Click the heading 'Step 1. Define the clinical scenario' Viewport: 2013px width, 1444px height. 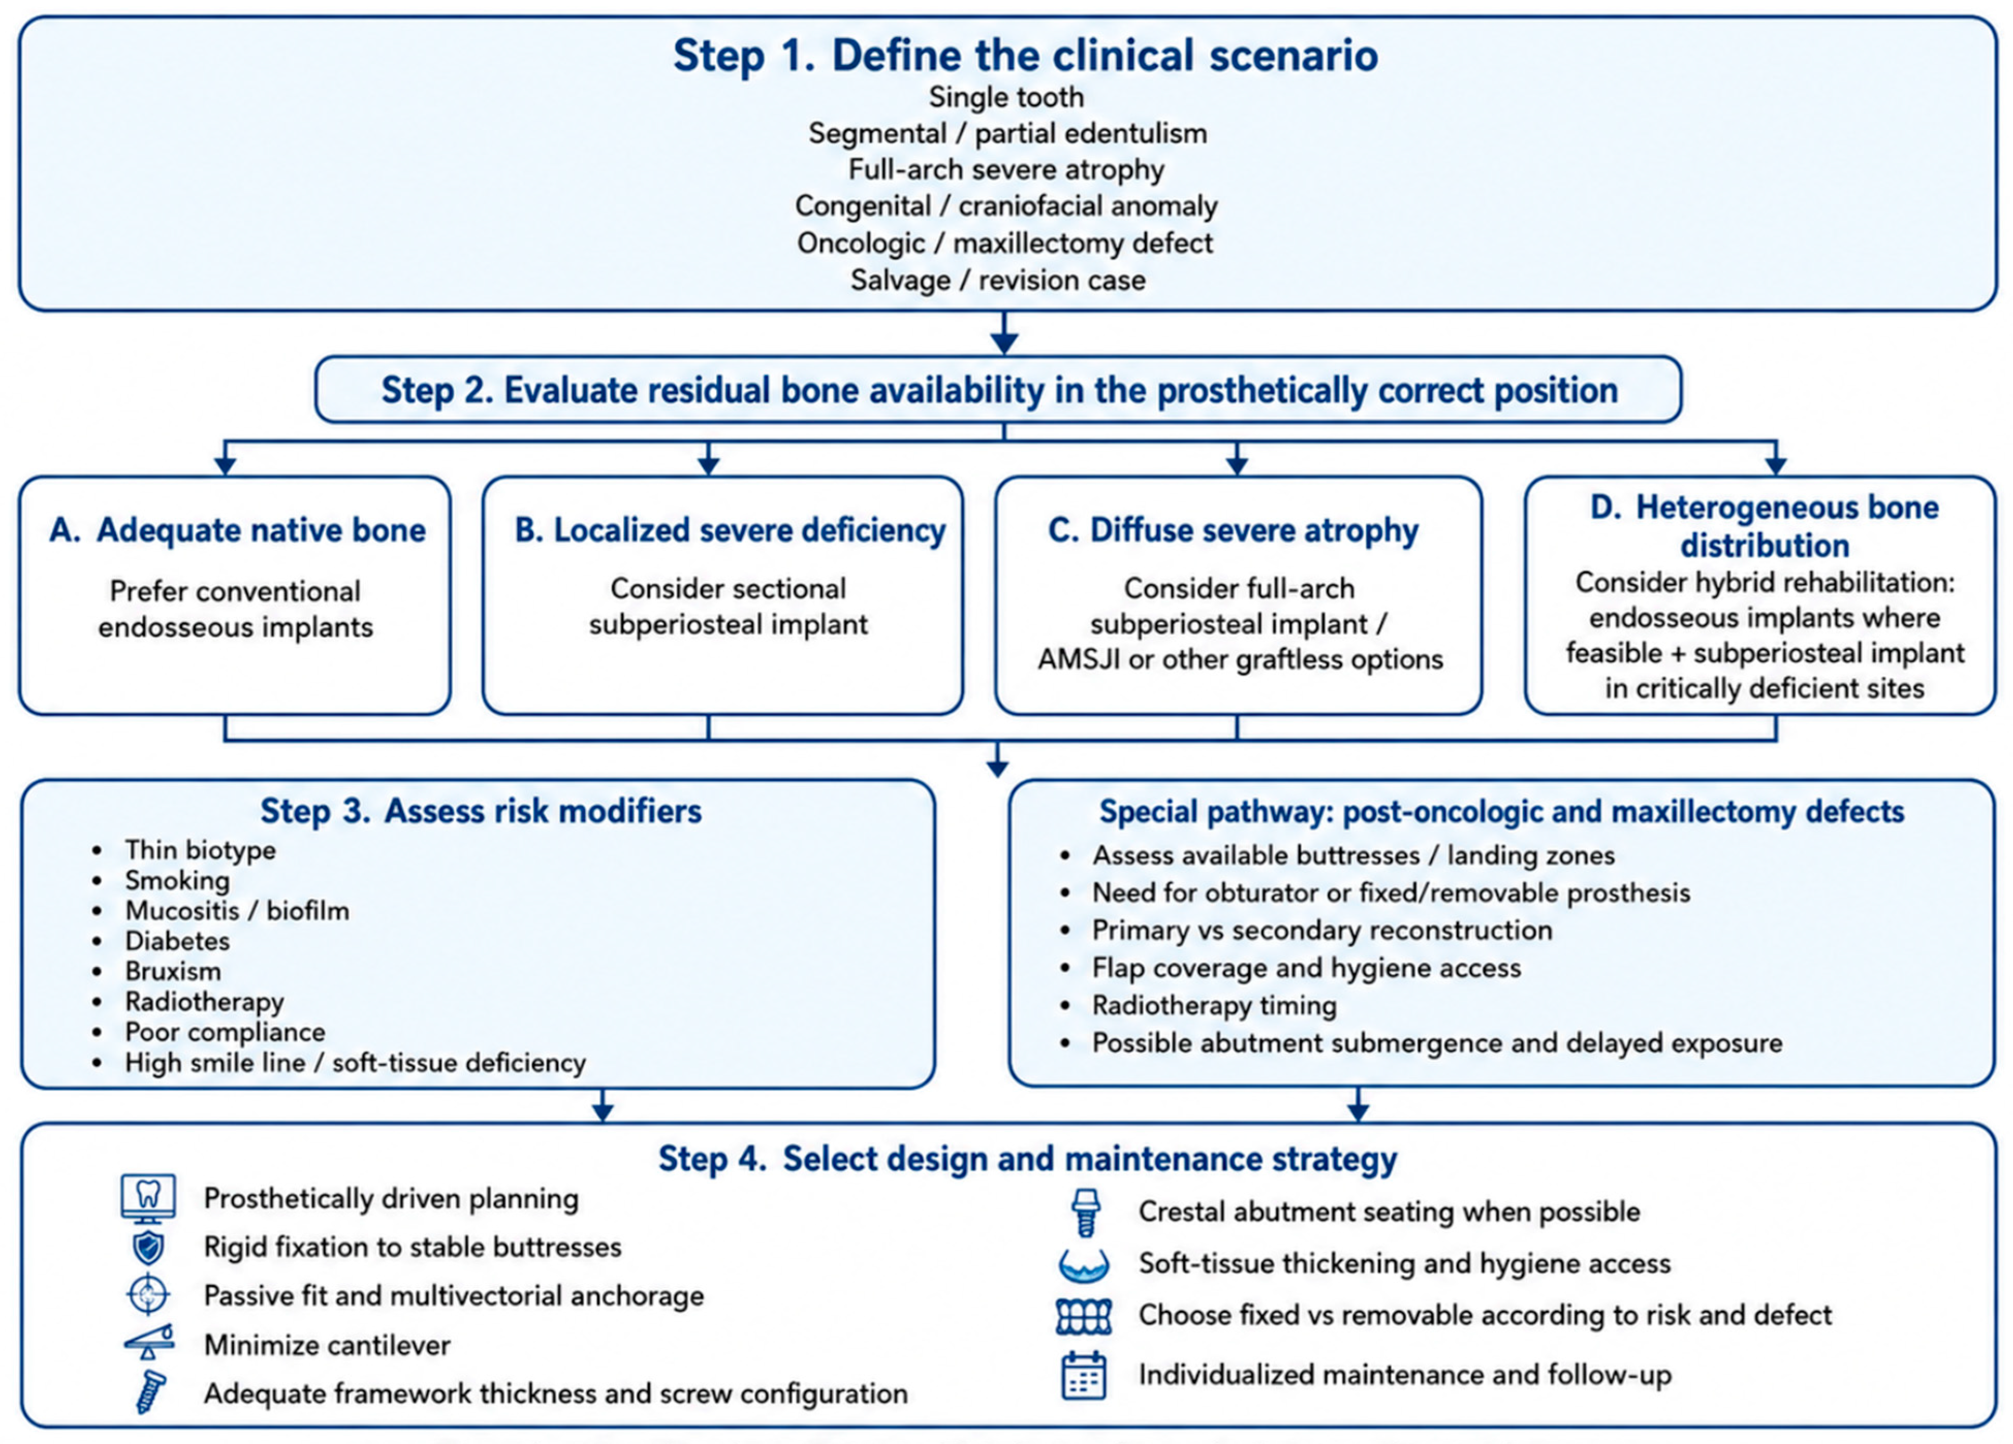(x=1025, y=55)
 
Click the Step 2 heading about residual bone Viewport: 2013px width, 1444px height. (x=1000, y=390)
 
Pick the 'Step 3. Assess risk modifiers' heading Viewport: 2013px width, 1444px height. (x=481, y=811)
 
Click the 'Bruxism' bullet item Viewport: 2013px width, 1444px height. (x=173, y=971)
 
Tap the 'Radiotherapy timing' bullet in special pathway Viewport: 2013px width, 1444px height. (x=1214, y=1006)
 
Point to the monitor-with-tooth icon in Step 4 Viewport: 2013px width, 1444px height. (x=148, y=1198)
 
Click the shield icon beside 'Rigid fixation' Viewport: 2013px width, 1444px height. (x=148, y=1248)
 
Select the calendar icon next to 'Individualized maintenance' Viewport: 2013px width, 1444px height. (x=1084, y=1376)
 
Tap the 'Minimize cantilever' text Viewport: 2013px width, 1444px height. (x=327, y=1345)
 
